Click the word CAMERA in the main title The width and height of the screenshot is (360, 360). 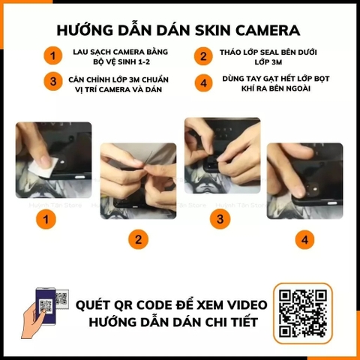point(263,30)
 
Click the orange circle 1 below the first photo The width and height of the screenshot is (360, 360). point(46,220)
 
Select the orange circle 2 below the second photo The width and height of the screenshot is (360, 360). point(137,240)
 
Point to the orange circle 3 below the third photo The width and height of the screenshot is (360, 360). point(220,220)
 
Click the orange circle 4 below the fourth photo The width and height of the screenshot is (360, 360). point(304,240)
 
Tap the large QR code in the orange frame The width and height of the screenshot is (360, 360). point(302,312)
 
